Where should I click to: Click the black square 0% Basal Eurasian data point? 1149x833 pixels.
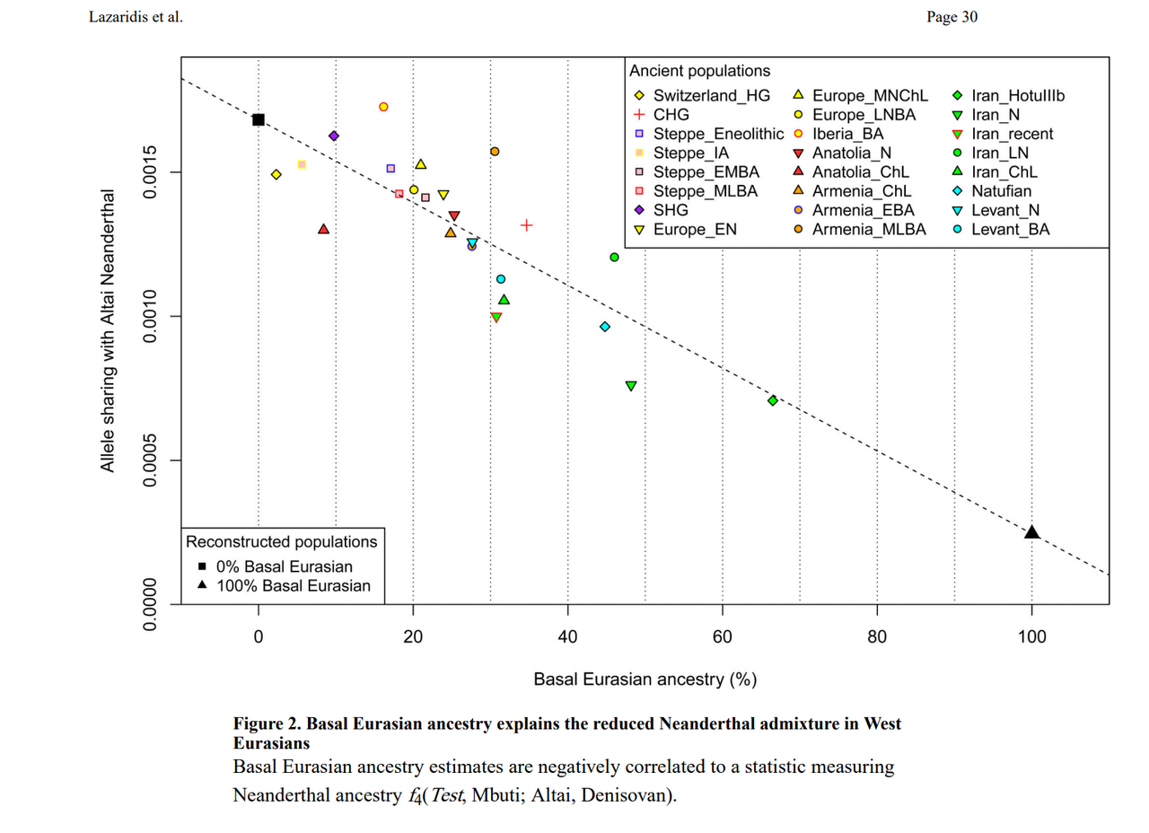click(259, 119)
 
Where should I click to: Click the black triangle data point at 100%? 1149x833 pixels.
click(1031, 532)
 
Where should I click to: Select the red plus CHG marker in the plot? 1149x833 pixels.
click(527, 224)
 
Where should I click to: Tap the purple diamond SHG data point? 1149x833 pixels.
click(334, 136)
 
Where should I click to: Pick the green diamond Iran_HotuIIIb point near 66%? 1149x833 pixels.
click(773, 400)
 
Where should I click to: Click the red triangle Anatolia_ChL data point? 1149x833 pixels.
click(323, 229)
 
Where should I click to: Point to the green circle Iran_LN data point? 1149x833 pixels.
click(614, 257)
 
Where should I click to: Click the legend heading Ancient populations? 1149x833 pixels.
click(699, 70)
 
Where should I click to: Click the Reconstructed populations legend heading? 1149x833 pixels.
click(282, 542)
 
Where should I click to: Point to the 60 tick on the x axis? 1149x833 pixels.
click(722, 638)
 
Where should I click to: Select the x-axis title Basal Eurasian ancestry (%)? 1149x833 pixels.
click(644, 680)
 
